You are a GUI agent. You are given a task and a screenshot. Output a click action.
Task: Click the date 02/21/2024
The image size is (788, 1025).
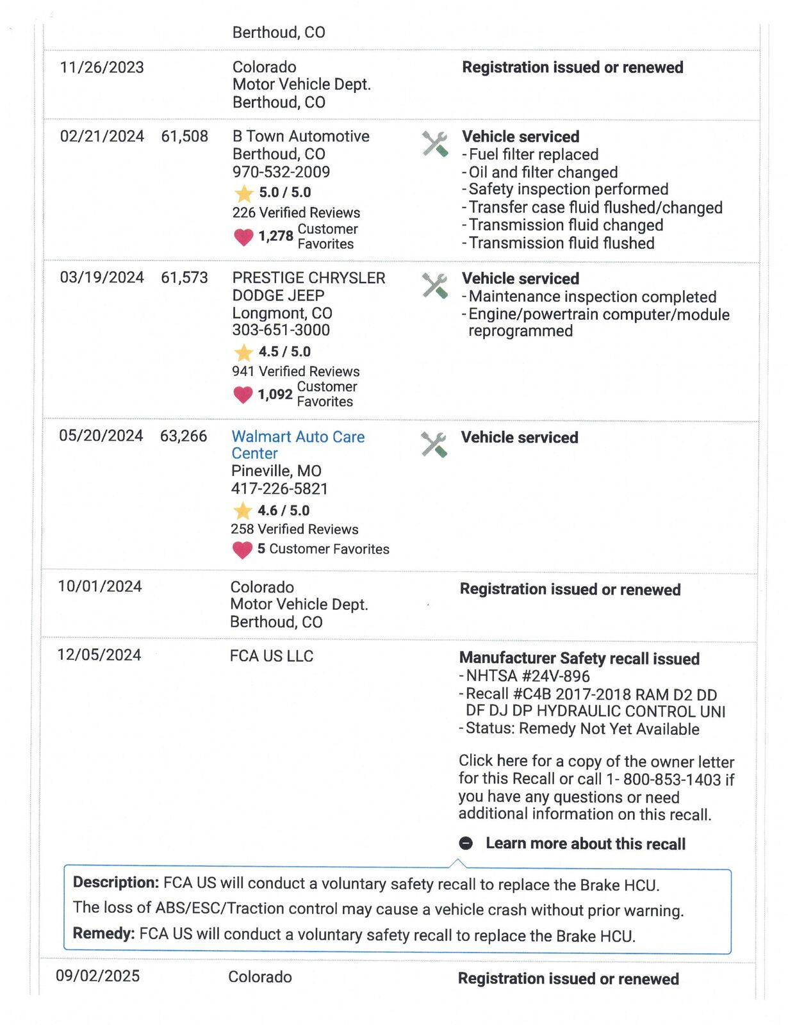tap(102, 136)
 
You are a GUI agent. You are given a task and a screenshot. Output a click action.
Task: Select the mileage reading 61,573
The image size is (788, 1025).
tap(185, 277)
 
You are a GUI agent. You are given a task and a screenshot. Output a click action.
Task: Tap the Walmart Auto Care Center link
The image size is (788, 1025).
tap(298, 445)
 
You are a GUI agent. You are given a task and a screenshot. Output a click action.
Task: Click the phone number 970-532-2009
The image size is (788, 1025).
tap(281, 172)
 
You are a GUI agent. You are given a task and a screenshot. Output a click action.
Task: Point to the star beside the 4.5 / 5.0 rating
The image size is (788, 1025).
tap(243, 352)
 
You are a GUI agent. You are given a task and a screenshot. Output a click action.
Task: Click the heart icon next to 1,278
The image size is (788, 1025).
tap(243, 237)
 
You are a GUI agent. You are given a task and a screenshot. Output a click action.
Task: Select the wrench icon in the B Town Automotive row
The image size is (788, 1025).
tap(435, 143)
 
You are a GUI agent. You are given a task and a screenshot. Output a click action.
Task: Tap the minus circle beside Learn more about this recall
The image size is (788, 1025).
tap(466, 843)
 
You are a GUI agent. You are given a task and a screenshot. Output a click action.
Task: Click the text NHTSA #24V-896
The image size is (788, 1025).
tap(527, 676)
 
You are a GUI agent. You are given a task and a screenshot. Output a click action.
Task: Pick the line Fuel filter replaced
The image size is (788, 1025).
tap(533, 154)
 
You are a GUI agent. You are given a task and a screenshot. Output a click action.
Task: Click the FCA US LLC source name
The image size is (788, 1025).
tap(272, 656)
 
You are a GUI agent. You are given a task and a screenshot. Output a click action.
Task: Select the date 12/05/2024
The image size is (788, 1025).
tap(99, 655)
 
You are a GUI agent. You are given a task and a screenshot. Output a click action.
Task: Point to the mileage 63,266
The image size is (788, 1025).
tap(183, 436)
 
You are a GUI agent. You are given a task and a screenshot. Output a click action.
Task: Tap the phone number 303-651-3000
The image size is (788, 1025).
tap(281, 330)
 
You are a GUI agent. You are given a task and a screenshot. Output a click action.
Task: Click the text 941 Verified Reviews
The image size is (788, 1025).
tap(296, 372)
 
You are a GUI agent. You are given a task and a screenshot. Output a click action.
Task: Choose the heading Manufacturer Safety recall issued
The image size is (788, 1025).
tap(579, 659)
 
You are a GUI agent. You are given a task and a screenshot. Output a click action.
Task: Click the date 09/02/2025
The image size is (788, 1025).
tap(97, 976)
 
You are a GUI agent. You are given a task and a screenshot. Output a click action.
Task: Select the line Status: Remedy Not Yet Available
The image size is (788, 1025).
tap(582, 729)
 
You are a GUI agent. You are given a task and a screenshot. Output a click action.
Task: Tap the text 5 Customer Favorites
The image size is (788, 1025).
tap(323, 549)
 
